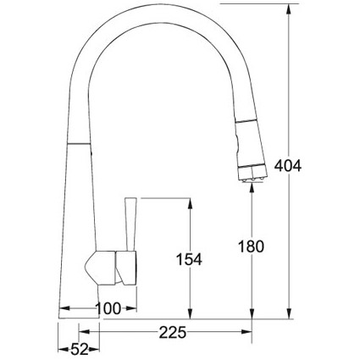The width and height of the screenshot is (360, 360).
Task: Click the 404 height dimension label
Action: tap(288, 166)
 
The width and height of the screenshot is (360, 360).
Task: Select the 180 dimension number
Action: tap(252, 246)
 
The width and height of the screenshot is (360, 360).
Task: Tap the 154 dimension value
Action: tap(189, 259)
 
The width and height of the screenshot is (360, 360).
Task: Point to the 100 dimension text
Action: tap(108, 308)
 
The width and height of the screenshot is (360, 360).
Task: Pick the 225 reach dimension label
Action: tap(173, 332)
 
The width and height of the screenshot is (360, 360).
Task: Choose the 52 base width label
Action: tap(80, 350)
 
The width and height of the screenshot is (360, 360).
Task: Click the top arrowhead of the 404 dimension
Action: tap(289, 9)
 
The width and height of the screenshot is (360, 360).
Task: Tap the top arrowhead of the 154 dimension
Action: tap(190, 203)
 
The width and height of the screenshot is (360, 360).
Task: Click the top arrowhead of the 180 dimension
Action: tap(252, 189)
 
